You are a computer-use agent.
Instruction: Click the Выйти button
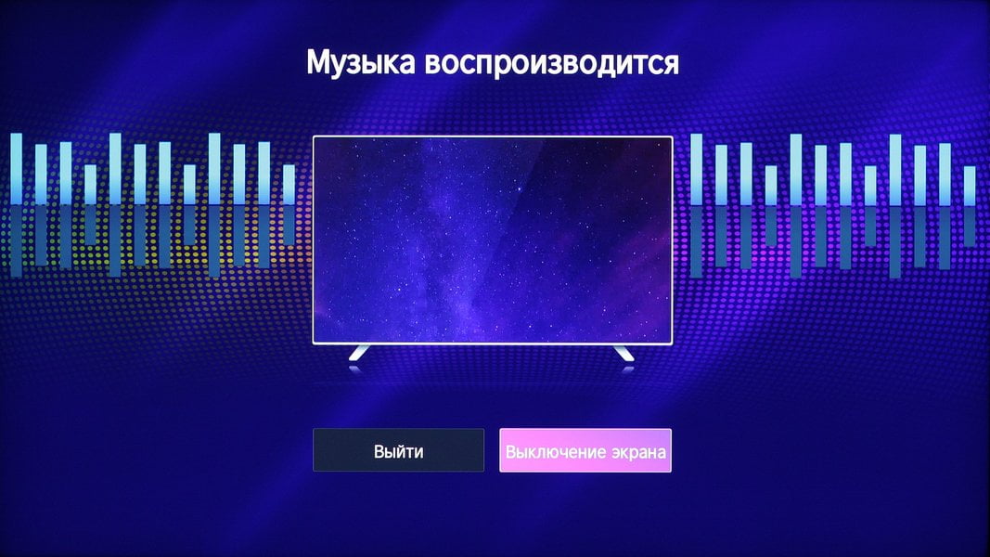coord(398,450)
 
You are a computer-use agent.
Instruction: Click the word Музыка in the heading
coord(361,63)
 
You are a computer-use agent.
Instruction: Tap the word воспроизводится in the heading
coord(552,63)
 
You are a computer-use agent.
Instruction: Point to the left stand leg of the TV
coord(359,353)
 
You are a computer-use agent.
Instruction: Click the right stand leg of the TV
coord(624,353)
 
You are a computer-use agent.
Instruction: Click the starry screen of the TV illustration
coord(493,240)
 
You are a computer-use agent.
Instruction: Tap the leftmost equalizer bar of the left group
coord(16,169)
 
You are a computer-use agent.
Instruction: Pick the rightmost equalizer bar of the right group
coord(970,186)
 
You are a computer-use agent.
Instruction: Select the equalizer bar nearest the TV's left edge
coord(289,185)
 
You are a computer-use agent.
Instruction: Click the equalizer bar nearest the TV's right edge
coord(697,169)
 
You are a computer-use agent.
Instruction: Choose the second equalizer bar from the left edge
coord(41,175)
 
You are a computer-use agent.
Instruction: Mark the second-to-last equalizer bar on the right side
coord(945,175)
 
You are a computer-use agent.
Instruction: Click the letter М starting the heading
coord(319,63)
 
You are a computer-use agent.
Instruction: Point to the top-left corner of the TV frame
coord(314,136)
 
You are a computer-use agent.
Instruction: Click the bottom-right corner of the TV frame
coord(673,344)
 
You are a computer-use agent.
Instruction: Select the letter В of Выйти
coord(379,451)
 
